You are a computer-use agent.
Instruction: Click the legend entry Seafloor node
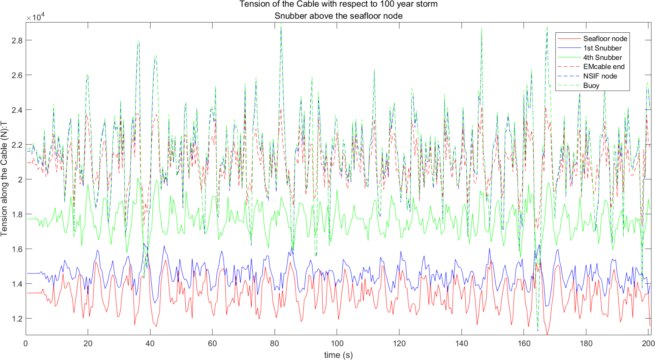(605, 39)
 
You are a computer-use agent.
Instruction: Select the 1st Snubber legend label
(602, 48)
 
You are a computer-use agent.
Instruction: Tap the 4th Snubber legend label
(602, 58)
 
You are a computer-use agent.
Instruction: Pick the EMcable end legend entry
(603, 67)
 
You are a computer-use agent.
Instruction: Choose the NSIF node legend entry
(600, 76)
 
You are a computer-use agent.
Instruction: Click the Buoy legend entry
(591, 86)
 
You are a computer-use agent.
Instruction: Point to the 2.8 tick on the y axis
(17, 40)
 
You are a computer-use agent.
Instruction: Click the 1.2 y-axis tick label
(17, 319)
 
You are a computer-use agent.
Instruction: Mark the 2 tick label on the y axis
(20, 179)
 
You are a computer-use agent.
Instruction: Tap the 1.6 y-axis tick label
(17, 249)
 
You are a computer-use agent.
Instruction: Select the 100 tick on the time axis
(337, 343)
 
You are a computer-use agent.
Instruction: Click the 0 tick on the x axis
(26, 343)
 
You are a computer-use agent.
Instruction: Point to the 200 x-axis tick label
(648, 343)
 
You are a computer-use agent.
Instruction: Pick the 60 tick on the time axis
(212, 343)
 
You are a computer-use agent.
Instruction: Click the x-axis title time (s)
(338, 355)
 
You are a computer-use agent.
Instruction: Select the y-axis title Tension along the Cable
(4, 178)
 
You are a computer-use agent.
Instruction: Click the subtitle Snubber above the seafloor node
(338, 16)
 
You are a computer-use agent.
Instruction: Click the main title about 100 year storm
(338, 4)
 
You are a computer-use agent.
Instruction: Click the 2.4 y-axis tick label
(17, 110)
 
